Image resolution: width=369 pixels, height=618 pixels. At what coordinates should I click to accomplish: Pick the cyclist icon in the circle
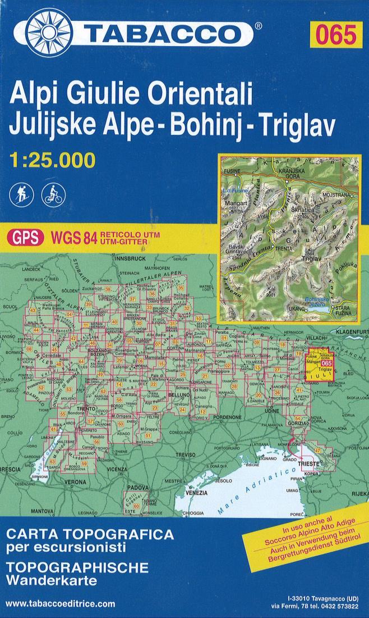53,194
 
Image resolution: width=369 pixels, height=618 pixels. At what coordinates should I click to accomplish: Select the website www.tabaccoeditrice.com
60,604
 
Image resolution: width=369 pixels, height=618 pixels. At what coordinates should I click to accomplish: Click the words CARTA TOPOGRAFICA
90,534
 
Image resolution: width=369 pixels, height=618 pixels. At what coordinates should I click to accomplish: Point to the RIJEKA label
358,494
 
